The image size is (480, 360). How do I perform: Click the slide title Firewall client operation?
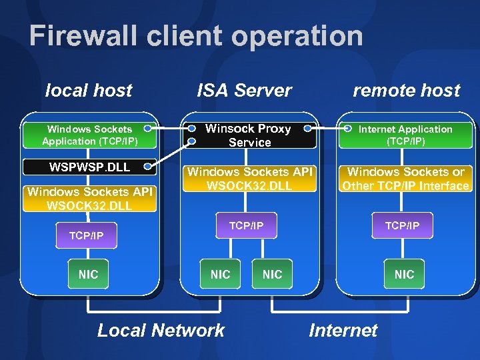tap(196, 36)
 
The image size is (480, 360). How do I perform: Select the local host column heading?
tap(89, 90)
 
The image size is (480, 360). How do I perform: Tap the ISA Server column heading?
tap(244, 90)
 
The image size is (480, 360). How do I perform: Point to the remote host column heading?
tap(406, 90)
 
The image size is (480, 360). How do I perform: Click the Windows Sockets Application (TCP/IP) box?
tap(89, 135)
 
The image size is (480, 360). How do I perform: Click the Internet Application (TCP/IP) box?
tap(405, 135)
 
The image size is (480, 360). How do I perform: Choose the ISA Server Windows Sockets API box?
tap(249, 179)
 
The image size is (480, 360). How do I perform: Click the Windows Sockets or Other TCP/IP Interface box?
tap(405, 179)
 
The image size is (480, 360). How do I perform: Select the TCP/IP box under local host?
tap(87, 235)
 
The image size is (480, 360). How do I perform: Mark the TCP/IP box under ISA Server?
tap(247, 226)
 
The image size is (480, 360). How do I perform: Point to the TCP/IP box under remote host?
tap(402, 226)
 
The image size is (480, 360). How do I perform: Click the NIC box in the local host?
tap(88, 274)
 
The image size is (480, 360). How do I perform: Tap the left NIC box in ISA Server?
tap(220, 274)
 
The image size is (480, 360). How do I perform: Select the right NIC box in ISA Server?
tap(272, 274)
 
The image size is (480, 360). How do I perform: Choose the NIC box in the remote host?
tap(404, 274)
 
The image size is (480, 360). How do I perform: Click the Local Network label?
tap(161, 330)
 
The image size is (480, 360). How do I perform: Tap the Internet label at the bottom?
tap(343, 330)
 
